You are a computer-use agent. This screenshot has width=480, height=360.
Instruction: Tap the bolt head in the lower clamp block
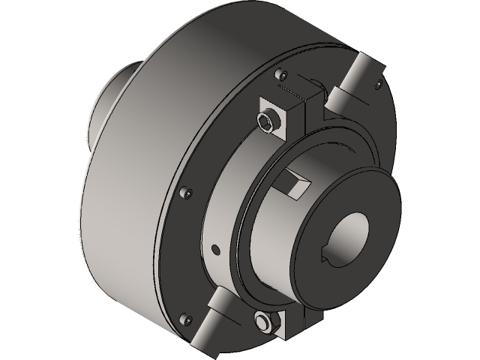pos(262,322)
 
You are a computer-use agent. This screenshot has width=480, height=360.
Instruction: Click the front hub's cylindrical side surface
pos(270,225)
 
